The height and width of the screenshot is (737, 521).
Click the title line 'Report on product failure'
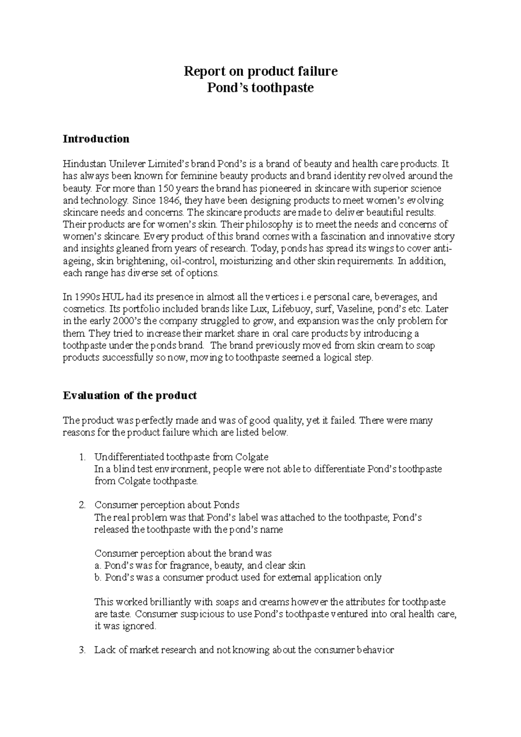(x=260, y=71)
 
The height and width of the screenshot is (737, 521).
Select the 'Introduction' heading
(x=96, y=139)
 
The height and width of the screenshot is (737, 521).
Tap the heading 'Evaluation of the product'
(x=130, y=395)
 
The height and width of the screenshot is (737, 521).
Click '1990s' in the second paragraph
(x=87, y=297)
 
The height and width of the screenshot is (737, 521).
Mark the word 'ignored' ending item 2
(x=139, y=626)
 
